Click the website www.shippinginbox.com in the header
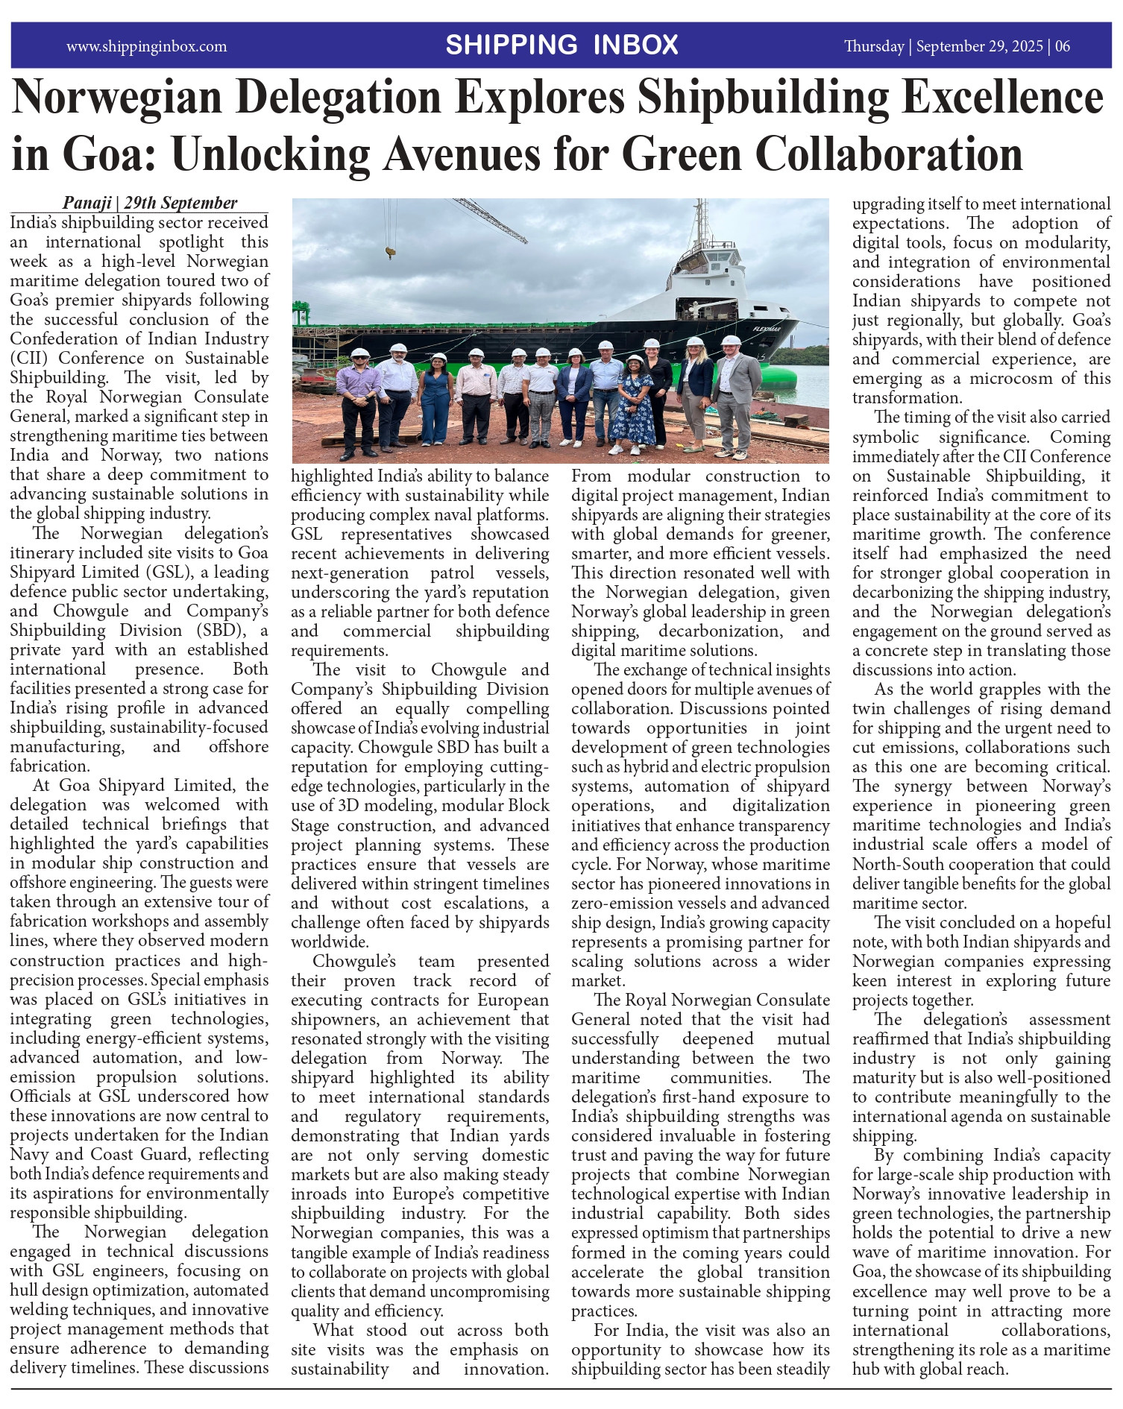[146, 46]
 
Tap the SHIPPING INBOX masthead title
[561, 45]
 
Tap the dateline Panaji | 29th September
[150, 203]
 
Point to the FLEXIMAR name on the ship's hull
[766, 329]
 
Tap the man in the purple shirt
[359, 403]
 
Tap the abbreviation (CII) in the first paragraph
[29, 358]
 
